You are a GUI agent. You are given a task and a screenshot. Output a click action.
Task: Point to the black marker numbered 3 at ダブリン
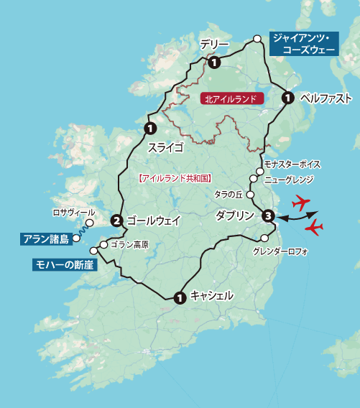tap(267, 215)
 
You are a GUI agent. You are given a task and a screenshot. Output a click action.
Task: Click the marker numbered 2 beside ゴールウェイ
tap(116, 221)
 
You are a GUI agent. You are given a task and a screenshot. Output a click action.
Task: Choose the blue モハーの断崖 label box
tap(64, 265)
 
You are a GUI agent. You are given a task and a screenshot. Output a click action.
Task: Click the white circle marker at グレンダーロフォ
tap(264, 238)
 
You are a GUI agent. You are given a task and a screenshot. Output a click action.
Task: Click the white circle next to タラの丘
tap(250, 195)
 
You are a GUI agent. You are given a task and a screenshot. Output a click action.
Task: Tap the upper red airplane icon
tap(305, 200)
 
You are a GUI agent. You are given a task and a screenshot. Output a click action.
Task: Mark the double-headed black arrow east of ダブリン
tap(296, 214)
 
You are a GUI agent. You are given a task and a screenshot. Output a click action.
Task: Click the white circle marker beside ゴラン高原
tap(104, 244)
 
